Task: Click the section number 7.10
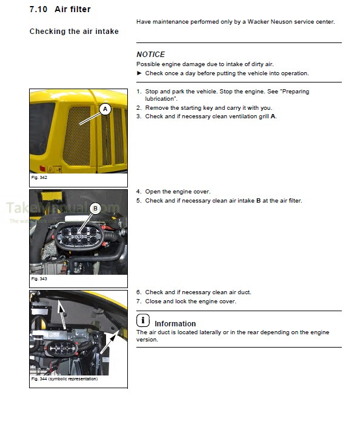click(38, 9)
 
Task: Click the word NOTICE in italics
click(150, 55)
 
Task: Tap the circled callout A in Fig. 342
click(105, 109)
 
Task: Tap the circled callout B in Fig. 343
click(95, 209)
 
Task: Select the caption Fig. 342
click(39, 177)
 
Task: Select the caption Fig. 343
click(39, 278)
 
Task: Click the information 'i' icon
click(143, 320)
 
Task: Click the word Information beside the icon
click(175, 324)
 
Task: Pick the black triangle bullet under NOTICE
click(139, 73)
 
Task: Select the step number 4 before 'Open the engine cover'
click(139, 192)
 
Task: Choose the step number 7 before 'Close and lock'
click(139, 301)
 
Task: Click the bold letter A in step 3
click(273, 116)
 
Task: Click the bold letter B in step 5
click(258, 201)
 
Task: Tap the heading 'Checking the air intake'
click(74, 32)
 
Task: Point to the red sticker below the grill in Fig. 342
click(42, 169)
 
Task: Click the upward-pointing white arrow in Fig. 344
click(62, 314)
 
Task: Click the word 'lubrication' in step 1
click(161, 99)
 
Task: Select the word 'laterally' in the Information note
click(210, 332)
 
